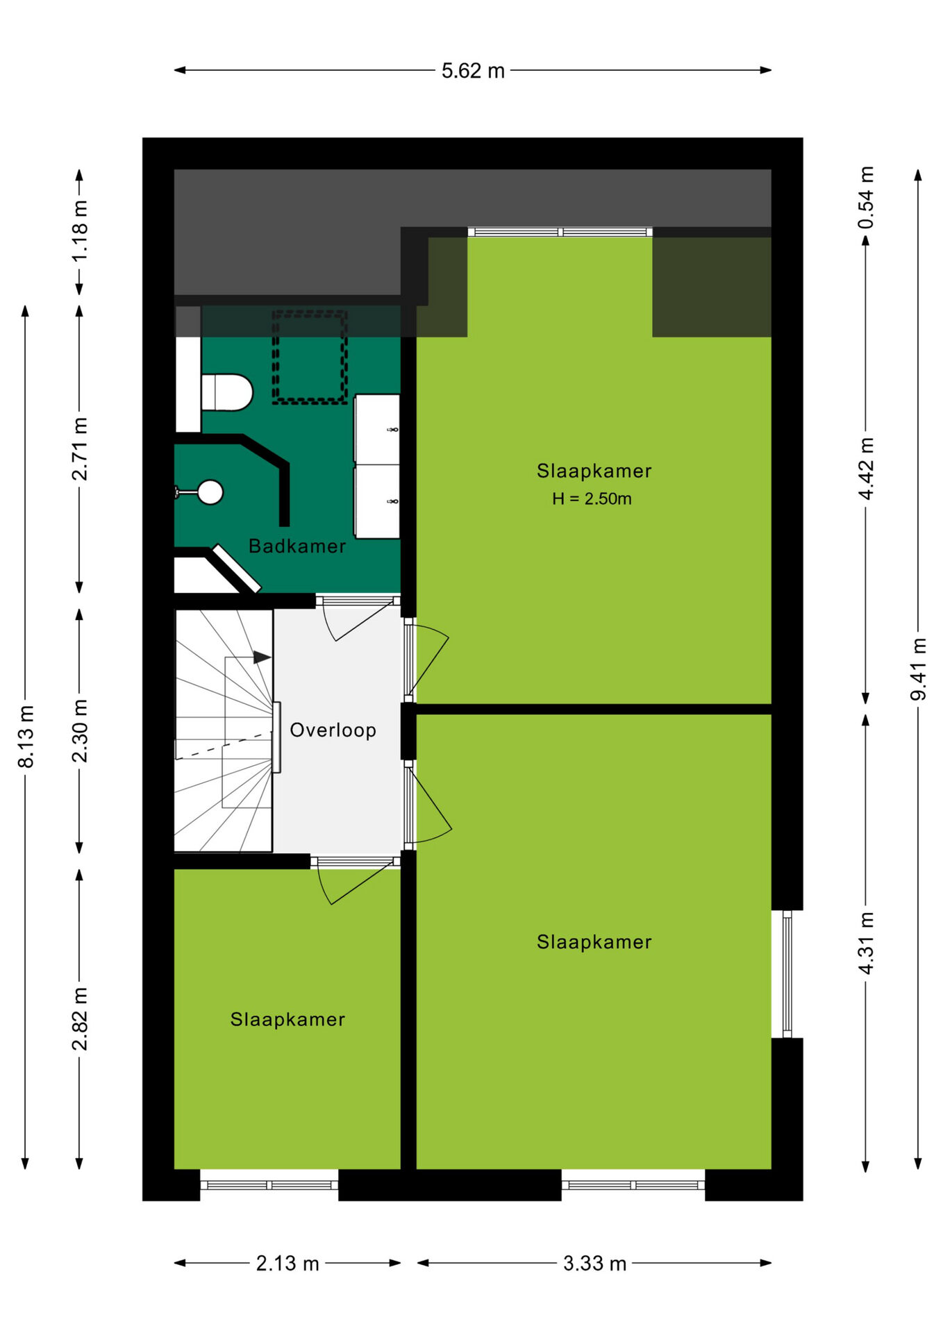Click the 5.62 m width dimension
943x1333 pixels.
(473, 71)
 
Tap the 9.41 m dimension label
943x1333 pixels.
(918, 669)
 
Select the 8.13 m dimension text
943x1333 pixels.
(26, 737)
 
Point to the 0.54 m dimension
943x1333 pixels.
(865, 198)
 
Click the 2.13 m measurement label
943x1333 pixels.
(287, 1263)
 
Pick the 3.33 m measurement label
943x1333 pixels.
(594, 1263)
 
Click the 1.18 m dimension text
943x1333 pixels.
(80, 231)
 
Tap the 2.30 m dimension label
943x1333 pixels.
(80, 731)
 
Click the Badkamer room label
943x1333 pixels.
(297, 546)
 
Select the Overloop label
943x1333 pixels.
(333, 730)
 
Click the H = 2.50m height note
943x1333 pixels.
(592, 498)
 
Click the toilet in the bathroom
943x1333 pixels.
(227, 393)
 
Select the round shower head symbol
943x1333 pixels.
(210, 492)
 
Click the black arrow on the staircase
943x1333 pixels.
(262, 657)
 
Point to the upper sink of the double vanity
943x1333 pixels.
(377, 430)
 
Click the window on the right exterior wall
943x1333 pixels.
(787, 973)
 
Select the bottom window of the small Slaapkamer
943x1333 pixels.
(269, 1185)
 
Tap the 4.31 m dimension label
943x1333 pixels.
(865, 944)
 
